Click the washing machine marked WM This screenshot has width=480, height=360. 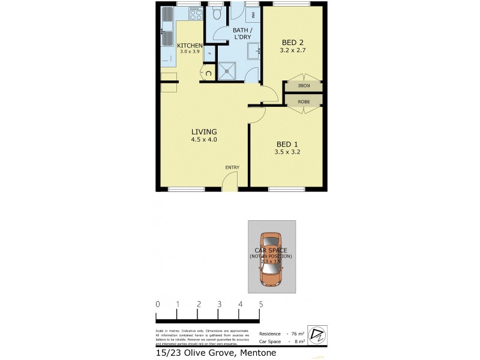coord(252,14)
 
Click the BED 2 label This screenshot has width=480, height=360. coord(293,42)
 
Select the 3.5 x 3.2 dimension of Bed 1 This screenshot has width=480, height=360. coord(287,152)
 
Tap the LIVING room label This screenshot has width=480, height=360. coord(204,132)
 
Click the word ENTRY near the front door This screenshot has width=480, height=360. coord(232,167)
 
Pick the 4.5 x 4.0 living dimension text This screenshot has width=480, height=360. coord(204,140)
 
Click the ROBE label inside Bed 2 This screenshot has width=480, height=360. coord(304,86)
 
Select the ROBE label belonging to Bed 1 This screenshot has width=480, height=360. coord(304,102)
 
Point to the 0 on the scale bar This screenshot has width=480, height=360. coord(157,304)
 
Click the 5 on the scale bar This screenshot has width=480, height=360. coord(261,304)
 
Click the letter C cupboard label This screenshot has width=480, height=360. coord(208,74)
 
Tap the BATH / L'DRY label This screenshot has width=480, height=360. coord(242,34)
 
